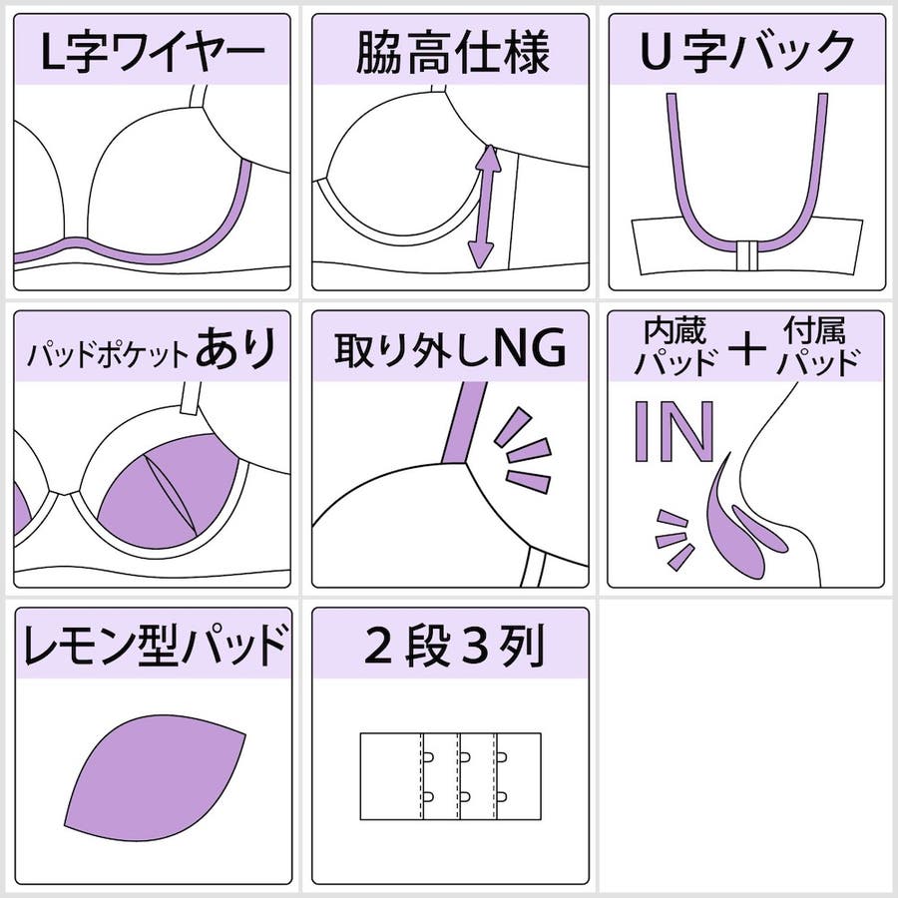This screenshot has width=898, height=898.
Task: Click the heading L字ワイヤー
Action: [x=153, y=52]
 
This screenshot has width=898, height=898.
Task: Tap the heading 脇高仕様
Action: [x=452, y=52]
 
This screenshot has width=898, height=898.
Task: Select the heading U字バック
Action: [x=747, y=52]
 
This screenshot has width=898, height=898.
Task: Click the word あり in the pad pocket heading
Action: [x=236, y=347]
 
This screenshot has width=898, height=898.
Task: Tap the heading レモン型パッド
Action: [x=154, y=645]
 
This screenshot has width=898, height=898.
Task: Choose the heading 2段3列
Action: [x=453, y=646]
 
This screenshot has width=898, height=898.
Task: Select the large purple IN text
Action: [x=674, y=431]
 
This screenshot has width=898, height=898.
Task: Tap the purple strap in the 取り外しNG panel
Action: [x=463, y=422]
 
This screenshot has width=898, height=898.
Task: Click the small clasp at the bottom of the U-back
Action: [x=747, y=255]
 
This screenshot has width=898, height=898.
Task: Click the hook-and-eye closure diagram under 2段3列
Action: [x=451, y=776]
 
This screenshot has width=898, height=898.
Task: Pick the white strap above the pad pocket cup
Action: [x=190, y=398]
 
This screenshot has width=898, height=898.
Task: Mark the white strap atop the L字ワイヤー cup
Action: [x=199, y=96]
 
